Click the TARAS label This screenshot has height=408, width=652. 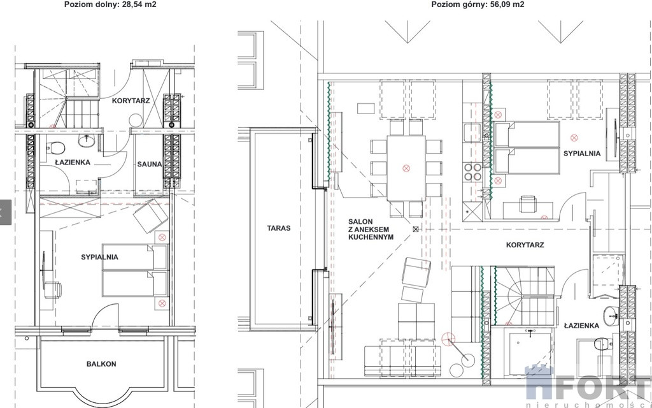tap(279, 228)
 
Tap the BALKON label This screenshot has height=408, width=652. tap(101, 364)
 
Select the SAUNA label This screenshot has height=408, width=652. tap(150, 164)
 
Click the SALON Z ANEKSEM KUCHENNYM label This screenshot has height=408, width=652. tap(371, 229)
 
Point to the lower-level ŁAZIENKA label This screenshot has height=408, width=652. tap(73, 163)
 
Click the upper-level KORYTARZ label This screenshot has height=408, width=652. tap(525, 245)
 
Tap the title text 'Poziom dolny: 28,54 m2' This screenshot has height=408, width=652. tap(110, 4)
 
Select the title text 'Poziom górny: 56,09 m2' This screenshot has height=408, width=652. tap(478, 4)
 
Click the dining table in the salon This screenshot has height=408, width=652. tap(406, 168)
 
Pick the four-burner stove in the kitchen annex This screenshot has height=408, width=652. tap(473, 172)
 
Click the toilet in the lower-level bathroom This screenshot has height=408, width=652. tap(55, 148)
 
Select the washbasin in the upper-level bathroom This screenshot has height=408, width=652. tap(611, 316)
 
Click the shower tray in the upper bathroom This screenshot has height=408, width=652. tap(528, 351)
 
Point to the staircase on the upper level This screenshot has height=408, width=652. tap(524, 296)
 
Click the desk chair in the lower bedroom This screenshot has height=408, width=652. tap(53, 290)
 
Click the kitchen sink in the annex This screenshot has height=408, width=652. tap(472, 133)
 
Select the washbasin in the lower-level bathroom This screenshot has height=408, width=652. tap(86, 141)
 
